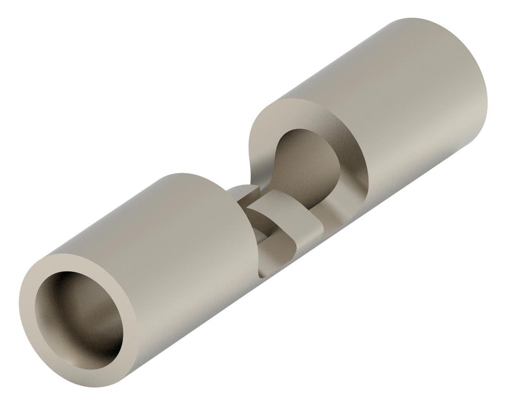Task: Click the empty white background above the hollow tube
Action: pyautogui.click(x=95, y=95)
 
